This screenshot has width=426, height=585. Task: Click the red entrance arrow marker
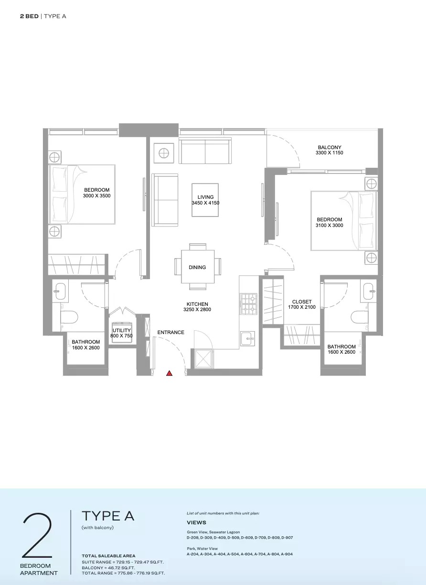(x=169, y=373)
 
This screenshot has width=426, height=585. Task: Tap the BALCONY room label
(x=330, y=147)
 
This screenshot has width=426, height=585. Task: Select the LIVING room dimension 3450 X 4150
(x=205, y=203)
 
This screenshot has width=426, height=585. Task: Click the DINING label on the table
(x=197, y=267)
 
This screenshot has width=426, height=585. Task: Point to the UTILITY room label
(x=122, y=330)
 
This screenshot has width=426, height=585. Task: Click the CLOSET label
(x=302, y=302)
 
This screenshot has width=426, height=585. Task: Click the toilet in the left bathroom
(x=70, y=317)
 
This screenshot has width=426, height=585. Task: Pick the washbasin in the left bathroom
(x=61, y=291)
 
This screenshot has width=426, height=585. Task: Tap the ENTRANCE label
(x=171, y=332)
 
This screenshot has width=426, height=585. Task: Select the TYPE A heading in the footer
(x=108, y=516)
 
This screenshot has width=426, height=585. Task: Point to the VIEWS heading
(x=196, y=522)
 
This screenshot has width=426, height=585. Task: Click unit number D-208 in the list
(x=193, y=538)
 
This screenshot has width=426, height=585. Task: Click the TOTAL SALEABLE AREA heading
(x=108, y=556)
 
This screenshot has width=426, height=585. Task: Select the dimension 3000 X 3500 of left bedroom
(x=97, y=195)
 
